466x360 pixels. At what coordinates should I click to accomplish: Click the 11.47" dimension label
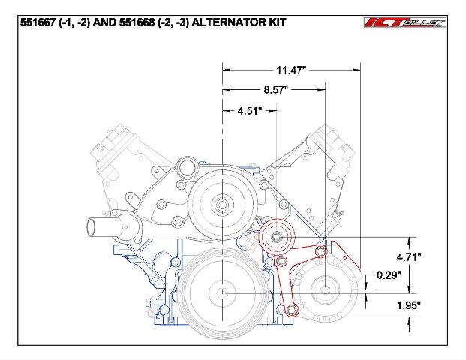coord(291,70)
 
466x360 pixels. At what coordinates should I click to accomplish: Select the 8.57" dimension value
coord(276,89)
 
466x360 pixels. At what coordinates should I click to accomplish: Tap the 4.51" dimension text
coord(250,111)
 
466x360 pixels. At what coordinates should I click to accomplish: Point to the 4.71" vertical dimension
coord(409,256)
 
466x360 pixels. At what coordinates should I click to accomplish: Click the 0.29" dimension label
coord(389,275)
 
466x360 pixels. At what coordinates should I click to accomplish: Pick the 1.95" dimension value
coord(409,305)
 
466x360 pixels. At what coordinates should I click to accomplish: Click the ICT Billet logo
coord(405,22)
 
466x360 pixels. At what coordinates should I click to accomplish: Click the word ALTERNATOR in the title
coord(228,22)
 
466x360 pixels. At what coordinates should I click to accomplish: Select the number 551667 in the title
coord(38,22)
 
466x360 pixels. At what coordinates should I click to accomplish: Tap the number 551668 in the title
coord(137,22)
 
